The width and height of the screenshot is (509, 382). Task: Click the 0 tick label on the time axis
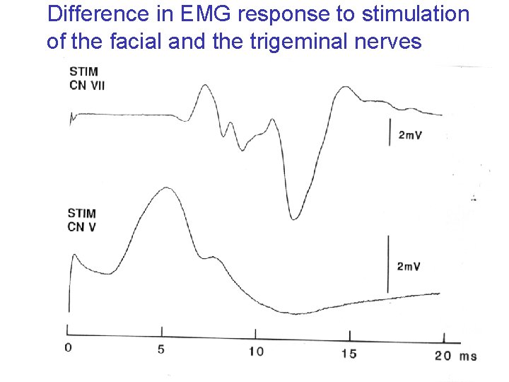[68, 347]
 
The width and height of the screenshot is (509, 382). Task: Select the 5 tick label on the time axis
[161, 349]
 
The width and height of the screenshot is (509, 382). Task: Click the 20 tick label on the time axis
[443, 355]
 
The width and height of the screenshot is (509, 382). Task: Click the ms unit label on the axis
[468, 356]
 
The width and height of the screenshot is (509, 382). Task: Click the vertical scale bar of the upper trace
[390, 132]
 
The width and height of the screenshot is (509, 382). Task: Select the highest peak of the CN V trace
[167, 188]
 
